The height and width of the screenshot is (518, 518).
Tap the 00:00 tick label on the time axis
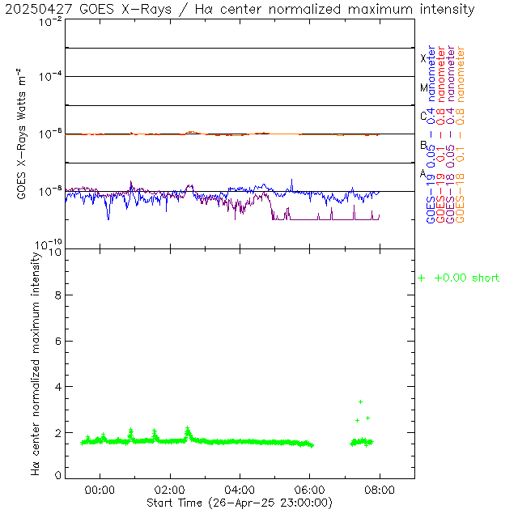click(100, 490)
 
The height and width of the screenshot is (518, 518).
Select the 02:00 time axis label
click(170, 490)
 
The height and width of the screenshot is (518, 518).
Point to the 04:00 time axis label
click(240, 490)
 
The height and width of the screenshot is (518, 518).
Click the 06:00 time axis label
click(310, 490)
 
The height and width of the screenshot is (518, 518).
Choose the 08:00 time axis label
click(380, 490)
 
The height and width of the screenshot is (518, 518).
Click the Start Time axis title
click(240, 503)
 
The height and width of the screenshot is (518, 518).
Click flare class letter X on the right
click(423, 58)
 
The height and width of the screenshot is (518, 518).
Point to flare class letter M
click(423, 87)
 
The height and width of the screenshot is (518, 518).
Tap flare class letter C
click(423, 117)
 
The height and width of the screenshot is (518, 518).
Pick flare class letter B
click(423, 146)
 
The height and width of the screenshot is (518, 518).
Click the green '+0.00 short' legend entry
click(458, 278)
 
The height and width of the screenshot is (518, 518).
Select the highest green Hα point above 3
click(361, 401)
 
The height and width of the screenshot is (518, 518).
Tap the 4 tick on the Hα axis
click(57, 387)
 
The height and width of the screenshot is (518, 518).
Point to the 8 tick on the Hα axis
click(57, 296)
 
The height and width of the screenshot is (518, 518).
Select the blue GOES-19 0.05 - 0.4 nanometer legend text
click(431, 134)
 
